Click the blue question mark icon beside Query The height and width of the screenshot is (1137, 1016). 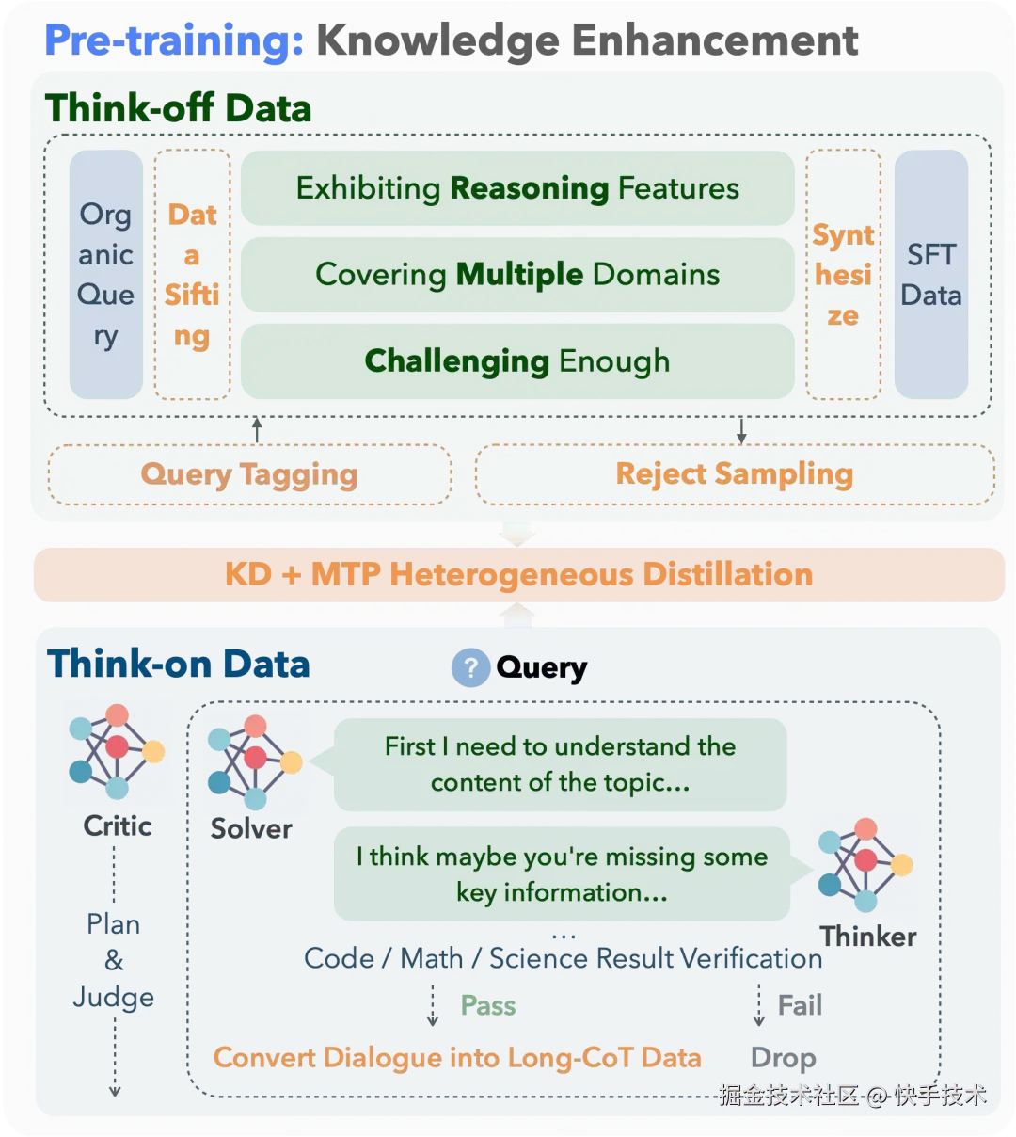[x=470, y=667]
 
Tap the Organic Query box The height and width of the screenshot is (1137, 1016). [x=106, y=274]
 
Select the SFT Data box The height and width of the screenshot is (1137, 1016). [x=930, y=274]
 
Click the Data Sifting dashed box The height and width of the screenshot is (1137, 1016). [x=193, y=275]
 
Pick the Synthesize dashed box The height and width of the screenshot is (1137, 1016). [x=843, y=275]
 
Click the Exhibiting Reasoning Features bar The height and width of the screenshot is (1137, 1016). [x=517, y=188]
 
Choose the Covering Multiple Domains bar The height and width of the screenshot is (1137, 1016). [x=517, y=275]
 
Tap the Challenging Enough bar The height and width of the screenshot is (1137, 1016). [x=517, y=360]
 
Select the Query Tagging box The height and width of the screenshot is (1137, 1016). [x=249, y=474]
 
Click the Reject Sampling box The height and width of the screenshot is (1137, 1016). [x=735, y=474]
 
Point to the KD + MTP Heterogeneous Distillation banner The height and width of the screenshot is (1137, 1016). [x=519, y=575]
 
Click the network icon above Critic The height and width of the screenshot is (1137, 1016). [x=117, y=751]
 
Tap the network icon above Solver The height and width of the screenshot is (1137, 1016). [x=255, y=762]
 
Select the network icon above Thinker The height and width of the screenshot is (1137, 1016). [x=865, y=865]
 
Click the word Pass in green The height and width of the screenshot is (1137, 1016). [x=488, y=1005]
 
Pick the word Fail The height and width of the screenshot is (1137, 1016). [x=800, y=1004]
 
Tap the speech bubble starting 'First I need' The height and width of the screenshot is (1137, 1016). [x=560, y=764]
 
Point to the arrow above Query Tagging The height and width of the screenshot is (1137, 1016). [x=257, y=430]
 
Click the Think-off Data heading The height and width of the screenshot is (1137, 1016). [x=179, y=107]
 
